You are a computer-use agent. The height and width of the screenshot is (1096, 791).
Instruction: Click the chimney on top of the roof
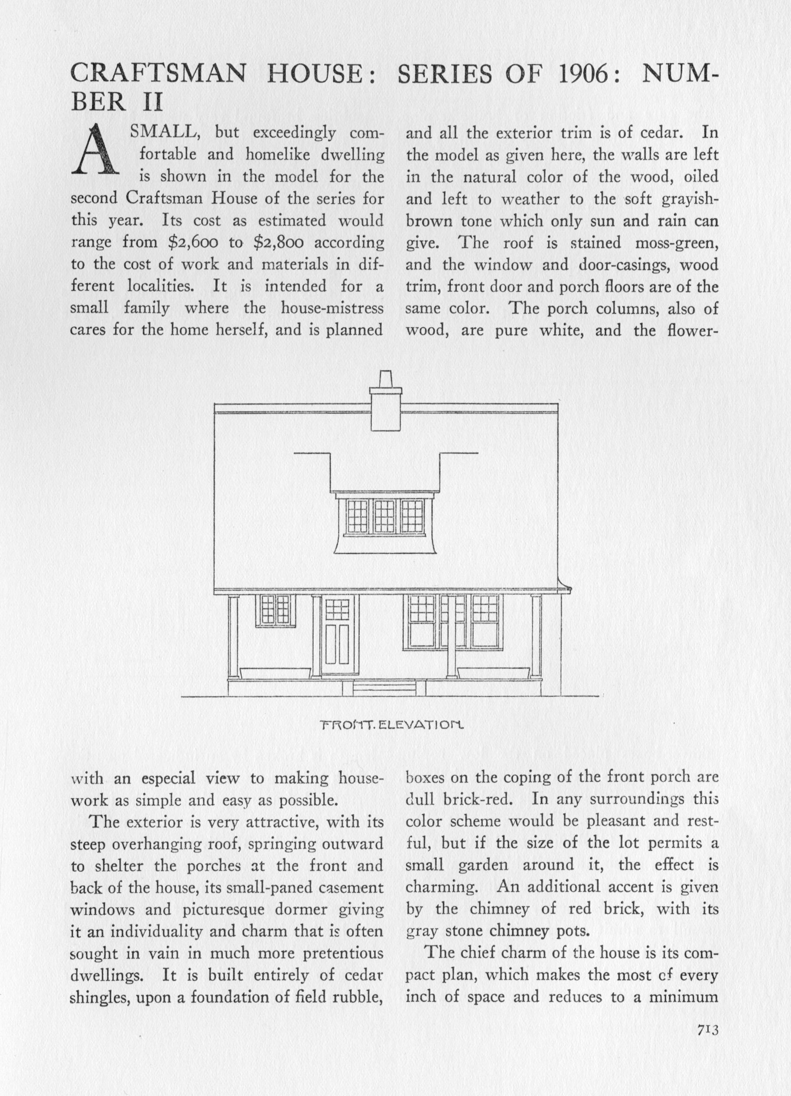[x=386, y=402]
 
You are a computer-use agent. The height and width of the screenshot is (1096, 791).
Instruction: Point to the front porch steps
[x=384, y=688]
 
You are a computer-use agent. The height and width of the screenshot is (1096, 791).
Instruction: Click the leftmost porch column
[x=233, y=637]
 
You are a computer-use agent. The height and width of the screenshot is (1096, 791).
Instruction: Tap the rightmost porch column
[x=535, y=637]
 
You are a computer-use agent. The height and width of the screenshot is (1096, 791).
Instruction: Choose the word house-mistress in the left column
[x=332, y=308]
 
